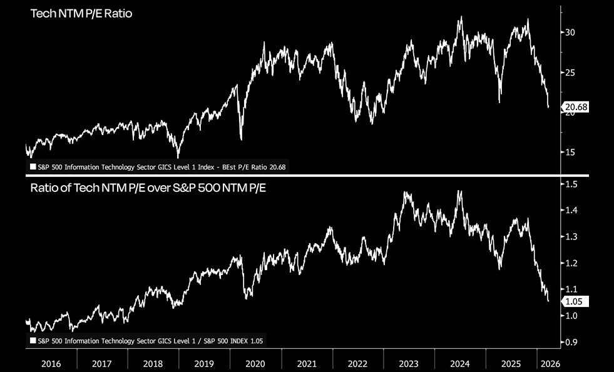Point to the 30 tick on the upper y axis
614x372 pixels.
570,33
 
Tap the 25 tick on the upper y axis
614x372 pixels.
570,73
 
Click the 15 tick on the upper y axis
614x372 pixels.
570,152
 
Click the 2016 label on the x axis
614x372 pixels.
51,363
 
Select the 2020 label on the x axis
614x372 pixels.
255,363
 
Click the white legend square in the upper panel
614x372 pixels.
33,167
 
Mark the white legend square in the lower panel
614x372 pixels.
33,341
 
